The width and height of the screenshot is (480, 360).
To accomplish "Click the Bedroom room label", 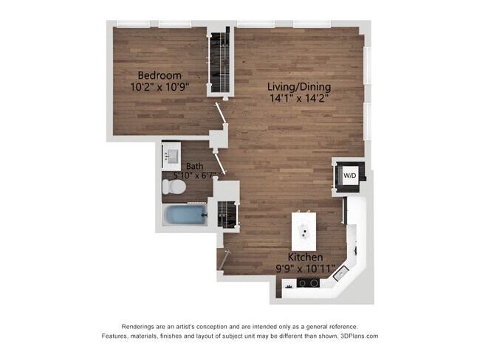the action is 160,75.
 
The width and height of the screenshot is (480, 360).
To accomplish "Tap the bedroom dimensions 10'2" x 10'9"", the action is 160,87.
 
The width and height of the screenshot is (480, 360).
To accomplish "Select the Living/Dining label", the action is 299,87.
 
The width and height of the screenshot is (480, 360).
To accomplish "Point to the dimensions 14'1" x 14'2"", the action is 299,98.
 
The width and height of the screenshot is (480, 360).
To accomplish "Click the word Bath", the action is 195,166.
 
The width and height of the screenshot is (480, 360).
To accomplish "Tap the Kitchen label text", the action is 305,257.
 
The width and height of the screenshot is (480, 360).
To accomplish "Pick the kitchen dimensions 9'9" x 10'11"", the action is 305,269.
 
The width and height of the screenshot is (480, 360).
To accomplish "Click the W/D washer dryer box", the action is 350,176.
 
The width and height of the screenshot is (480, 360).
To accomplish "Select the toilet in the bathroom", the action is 174,187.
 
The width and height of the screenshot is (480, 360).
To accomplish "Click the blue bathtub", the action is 185,215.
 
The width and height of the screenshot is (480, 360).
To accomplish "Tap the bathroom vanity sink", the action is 171,156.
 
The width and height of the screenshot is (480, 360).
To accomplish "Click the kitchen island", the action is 304,231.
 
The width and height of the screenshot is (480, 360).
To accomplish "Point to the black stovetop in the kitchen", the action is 308,283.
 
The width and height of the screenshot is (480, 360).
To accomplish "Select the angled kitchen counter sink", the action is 340,273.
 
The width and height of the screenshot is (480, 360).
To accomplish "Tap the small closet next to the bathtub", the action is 227,214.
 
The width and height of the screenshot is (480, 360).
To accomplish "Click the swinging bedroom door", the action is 222,114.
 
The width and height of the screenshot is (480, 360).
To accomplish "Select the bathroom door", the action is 220,162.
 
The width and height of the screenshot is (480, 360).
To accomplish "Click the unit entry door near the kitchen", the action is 224,260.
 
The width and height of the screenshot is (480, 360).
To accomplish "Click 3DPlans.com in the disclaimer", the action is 360,336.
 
